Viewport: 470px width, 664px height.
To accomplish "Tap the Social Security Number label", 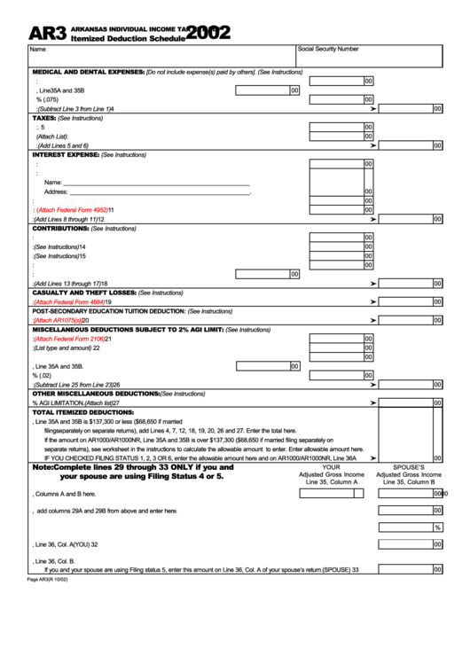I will point(328,50).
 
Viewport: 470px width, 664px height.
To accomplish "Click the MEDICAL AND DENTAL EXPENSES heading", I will point(88,71).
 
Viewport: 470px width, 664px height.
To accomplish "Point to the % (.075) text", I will point(45,99).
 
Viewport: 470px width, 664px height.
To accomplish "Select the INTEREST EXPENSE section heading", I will point(66,154).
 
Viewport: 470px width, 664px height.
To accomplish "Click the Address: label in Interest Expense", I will point(56,191).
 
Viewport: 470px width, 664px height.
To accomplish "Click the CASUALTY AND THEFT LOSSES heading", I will point(83,293).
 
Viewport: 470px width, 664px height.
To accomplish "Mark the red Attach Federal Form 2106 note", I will point(69,339).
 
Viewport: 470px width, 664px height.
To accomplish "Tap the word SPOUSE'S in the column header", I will point(409,466).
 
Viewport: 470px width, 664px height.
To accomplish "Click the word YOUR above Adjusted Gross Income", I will point(331,466).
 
